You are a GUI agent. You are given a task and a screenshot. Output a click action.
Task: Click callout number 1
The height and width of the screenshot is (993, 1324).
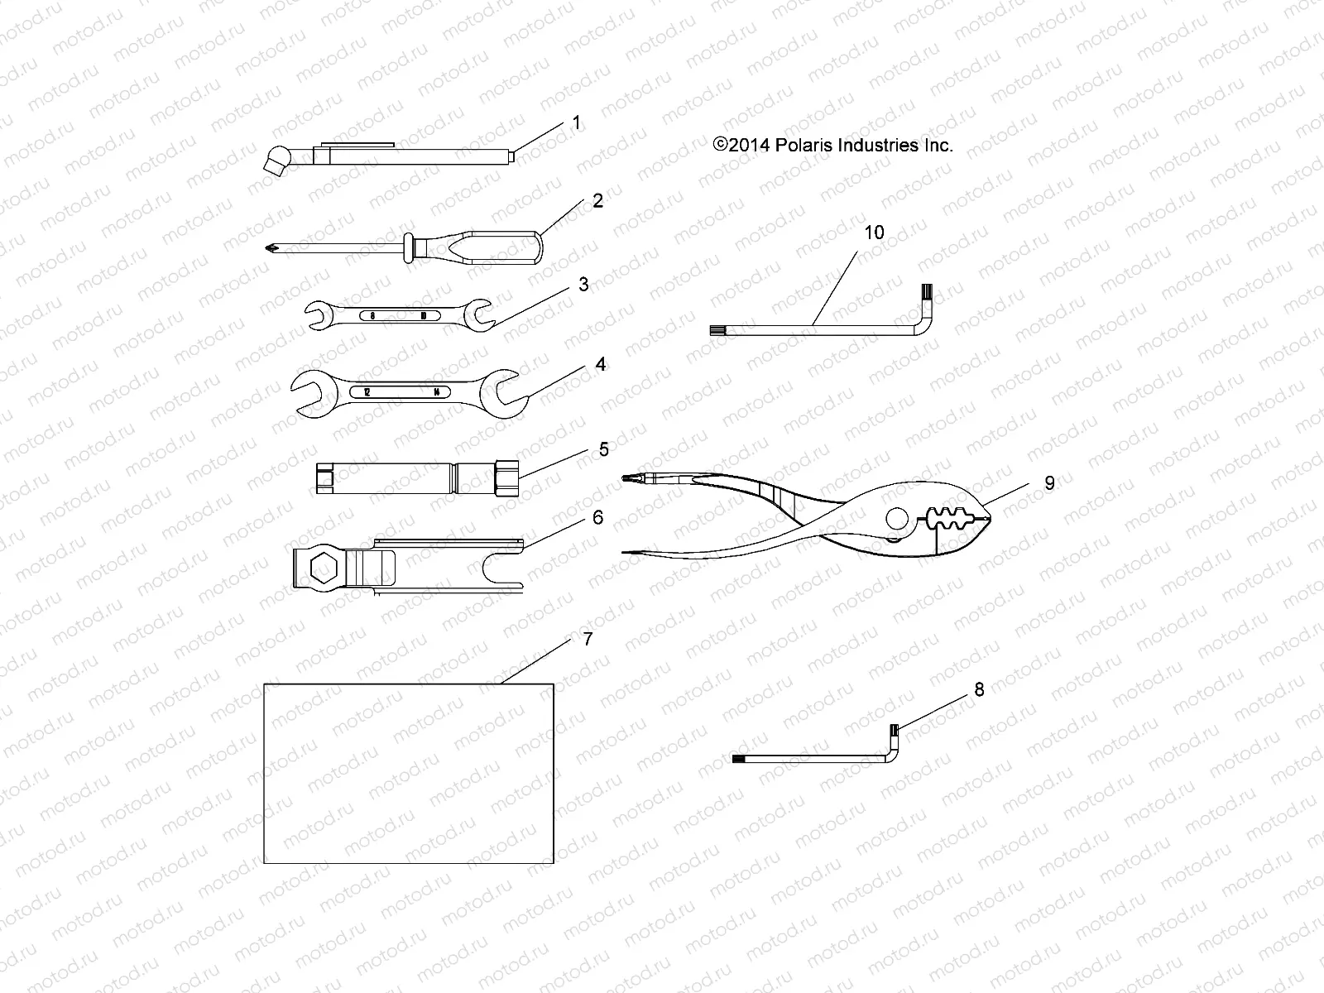576,123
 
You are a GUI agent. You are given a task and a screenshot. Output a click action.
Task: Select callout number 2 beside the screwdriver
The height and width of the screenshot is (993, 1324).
597,201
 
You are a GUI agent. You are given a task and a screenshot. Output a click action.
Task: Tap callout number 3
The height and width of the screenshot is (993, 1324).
583,285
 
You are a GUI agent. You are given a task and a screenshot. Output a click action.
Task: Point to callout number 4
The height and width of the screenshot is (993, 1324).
601,364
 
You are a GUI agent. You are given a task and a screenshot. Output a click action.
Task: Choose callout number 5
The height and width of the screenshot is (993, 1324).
603,449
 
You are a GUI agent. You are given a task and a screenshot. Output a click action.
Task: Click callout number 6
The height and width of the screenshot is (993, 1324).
597,518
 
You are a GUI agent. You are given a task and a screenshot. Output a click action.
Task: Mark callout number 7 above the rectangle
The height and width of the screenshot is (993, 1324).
588,640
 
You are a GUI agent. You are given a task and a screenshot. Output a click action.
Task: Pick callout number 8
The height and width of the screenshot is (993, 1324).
980,689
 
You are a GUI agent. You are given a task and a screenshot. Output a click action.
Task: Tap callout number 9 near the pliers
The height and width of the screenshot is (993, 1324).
1049,483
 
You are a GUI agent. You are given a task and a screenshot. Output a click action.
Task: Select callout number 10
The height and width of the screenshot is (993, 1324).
874,233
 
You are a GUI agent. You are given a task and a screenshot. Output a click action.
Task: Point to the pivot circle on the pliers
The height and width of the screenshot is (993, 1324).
896,520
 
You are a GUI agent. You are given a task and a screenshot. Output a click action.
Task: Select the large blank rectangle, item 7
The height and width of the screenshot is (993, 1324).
408,773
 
